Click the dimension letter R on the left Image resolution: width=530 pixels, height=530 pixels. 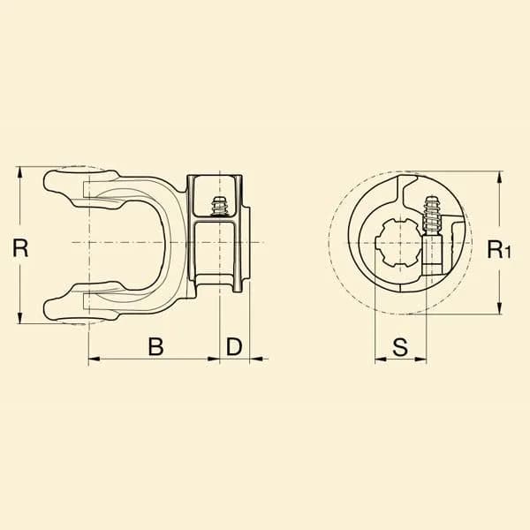[20, 247]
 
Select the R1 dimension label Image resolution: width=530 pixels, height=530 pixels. [498, 249]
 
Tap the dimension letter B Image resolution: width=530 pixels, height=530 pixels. [155, 346]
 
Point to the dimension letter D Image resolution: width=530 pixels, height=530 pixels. [234, 346]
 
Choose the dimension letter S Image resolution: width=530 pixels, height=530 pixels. [400, 347]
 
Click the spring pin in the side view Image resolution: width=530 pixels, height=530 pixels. [219, 206]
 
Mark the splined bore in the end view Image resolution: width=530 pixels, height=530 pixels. [399, 243]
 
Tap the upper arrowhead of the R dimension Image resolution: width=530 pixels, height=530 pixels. [20, 172]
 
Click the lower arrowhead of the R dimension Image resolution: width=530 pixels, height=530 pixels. [20, 318]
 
